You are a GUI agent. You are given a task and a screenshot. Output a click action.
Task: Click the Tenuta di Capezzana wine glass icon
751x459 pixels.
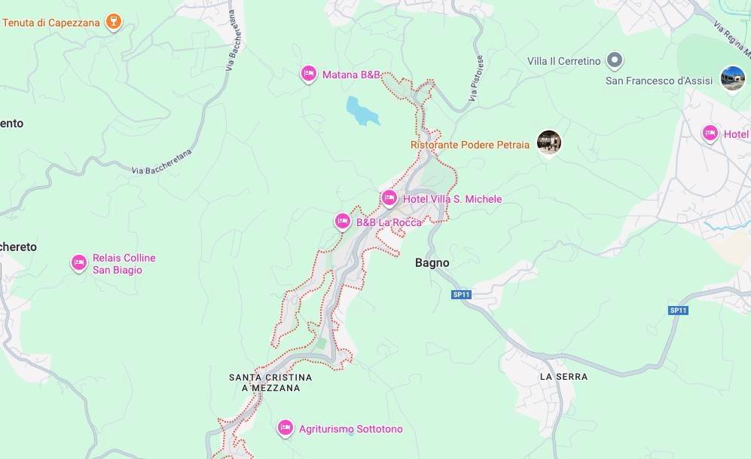pos(113,21)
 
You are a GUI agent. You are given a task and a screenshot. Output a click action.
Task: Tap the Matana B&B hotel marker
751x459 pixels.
pos(308,74)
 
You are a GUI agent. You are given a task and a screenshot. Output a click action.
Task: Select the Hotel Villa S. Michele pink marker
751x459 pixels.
pos(389,198)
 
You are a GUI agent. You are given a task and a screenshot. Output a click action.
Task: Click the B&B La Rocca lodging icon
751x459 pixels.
pos(343,222)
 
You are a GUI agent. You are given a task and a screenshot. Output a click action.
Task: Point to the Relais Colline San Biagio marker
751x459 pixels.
pos(79,263)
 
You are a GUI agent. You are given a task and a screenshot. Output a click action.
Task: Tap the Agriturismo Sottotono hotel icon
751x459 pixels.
pos(285,428)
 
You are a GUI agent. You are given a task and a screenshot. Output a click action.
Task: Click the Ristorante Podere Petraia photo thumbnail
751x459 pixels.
pos(549,142)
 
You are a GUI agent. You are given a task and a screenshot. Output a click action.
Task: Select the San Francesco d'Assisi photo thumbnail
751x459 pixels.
pos(732,78)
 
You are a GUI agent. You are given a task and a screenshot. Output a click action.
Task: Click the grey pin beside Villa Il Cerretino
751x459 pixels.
pos(615,60)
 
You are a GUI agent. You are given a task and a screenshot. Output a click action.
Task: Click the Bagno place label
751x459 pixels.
pos(432,263)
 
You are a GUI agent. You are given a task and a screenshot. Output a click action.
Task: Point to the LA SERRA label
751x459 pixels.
pos(563,376)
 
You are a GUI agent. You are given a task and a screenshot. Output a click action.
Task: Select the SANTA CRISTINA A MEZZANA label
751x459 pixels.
pos(270,382)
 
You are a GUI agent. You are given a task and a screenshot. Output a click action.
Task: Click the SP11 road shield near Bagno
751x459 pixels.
pos(461,295)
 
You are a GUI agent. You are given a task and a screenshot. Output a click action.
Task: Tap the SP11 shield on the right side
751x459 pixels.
pos(678,310)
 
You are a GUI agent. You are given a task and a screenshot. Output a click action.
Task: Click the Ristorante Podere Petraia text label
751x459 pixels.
pos(470,145)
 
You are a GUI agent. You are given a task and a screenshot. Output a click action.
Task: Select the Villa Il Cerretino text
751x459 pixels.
pos(563,61)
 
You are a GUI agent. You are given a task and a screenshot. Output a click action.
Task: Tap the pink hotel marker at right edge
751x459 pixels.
pos(710,133)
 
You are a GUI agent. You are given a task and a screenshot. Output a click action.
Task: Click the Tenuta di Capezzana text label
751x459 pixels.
pos(51,23)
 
